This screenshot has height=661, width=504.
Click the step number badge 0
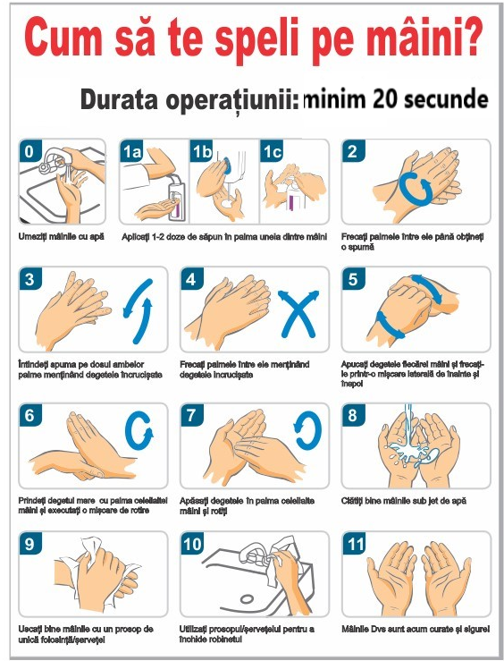click(29, 152)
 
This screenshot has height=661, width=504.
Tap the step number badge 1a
click(132, 152)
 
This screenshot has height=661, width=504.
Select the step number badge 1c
click(272, 152)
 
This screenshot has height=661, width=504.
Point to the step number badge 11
click(355, 543)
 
